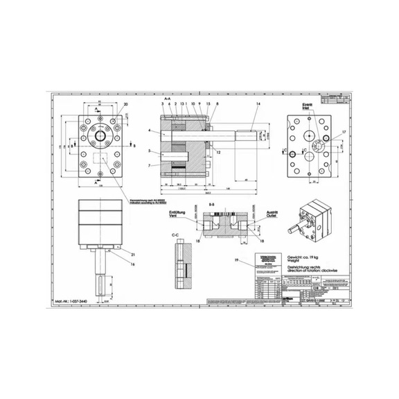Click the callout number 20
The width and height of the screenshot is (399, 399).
click(x=125, y=105)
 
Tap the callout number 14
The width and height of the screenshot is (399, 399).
click(x=258, y=104)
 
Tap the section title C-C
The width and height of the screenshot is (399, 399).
click(x=176, y=235)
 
